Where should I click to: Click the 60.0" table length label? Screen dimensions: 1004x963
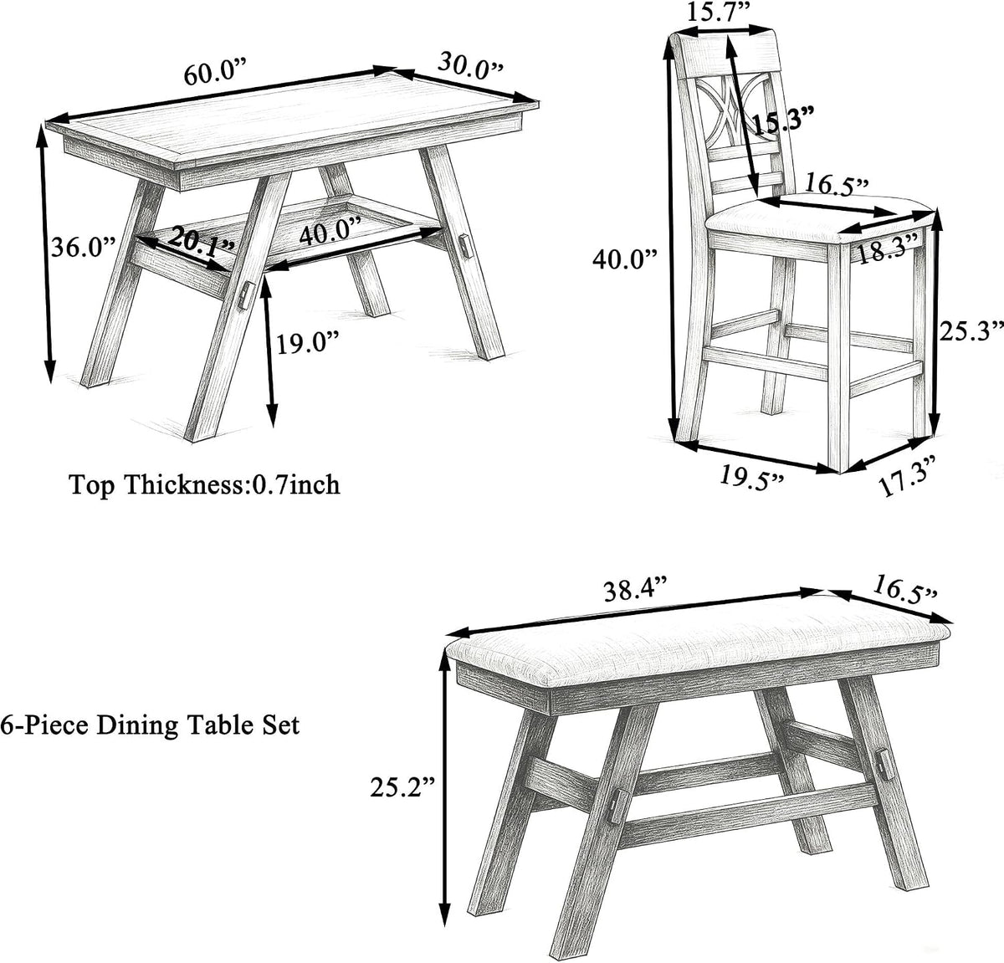click(216, 73)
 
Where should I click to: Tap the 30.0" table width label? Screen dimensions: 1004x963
click(470, 65)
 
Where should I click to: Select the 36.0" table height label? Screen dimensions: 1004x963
click(83, 248)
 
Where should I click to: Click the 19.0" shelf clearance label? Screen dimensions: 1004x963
click(308, 342)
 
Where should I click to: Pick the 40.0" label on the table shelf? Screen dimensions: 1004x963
click(330, 233)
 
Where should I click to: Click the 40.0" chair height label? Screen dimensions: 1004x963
click(625, 259)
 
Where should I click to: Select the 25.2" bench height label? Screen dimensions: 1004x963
click(402, 787)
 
